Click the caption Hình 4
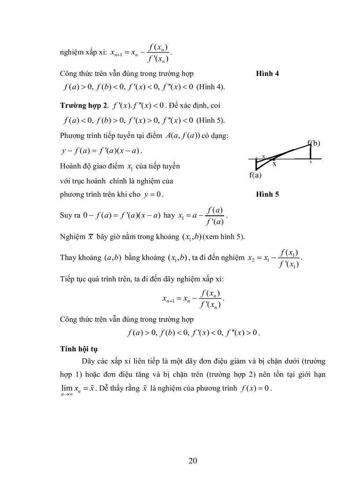pyautogui.click(x=267, y=74)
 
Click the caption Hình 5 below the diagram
pyautogui.click(x=267, y=194)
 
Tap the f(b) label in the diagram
pyautogui.click(x=314, y=142)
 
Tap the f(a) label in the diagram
pyautogui.click(x=255, y=175)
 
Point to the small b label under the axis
pyautogui.click(x=311, y=162)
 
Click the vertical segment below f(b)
pyautogui.click(x=311, y=152)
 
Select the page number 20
pyautogui.click(x=192, y=461)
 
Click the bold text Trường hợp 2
pyautogui.click(x=83, y=105)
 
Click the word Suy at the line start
pyautogui.click(x=66, y=216)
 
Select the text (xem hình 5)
pyautogui.click(x=224, y=237)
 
